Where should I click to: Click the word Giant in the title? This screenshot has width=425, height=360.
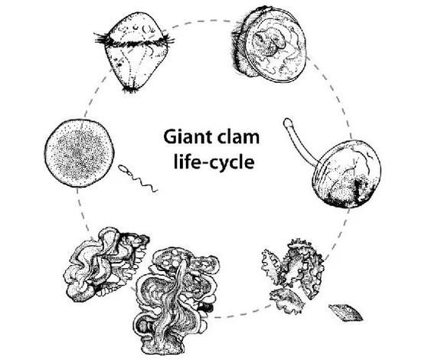(185, 137)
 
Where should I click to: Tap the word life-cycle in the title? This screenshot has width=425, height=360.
(214, 162)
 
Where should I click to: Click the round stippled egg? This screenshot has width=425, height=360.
(79, 153)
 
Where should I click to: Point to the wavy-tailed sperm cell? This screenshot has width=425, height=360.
(138, 178)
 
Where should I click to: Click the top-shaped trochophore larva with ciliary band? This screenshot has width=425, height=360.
(134, 52)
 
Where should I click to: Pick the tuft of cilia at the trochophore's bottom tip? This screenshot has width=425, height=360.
(131, 90)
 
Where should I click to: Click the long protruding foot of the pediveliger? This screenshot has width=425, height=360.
(300, 144)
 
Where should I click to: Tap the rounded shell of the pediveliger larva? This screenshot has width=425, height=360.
(346, 174)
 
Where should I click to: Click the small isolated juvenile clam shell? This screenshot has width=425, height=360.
(345, 313)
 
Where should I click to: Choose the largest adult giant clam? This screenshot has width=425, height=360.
(175, 300)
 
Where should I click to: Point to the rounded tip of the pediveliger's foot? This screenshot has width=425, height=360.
(288, 123)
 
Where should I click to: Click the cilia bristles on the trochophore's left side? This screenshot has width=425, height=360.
(103, 40)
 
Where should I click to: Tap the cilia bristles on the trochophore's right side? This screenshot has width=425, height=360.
(168, 40)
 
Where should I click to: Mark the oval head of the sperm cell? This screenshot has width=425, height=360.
(123, 169)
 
